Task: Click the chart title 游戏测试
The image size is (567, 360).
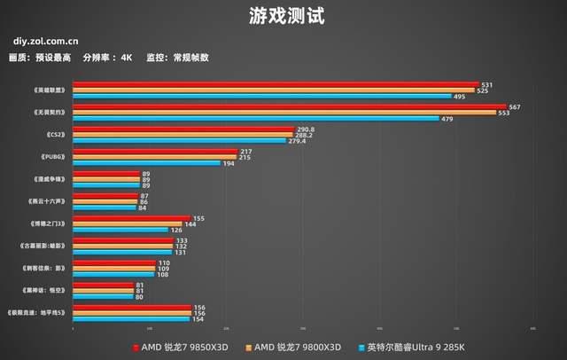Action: click(283, 15)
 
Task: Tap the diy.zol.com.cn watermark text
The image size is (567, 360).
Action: click(45, 40)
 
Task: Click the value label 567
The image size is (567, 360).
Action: click(515, 107)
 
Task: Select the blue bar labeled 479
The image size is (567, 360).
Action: click(256, 118)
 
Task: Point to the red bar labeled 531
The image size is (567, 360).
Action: click(276, 84)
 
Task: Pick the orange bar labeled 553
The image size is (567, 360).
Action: click(284, 113)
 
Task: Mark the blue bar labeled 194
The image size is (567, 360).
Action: click(146, 163)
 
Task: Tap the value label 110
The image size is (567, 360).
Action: click(163, 262)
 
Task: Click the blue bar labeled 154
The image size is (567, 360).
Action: click(131, 318)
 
